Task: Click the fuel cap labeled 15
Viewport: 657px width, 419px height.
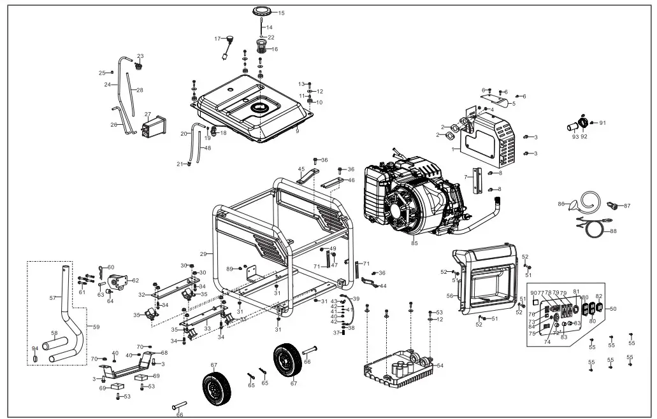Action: [262, 11]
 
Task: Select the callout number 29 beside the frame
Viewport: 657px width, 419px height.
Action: [203, 253]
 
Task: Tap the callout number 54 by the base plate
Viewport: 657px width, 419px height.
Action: [440, 365]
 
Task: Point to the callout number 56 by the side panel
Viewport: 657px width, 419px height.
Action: [450, 295]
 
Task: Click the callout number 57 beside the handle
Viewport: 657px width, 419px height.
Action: [52, 297]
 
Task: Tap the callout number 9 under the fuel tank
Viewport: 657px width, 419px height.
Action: [297, 131]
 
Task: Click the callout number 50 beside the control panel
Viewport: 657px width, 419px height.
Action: [613, 309]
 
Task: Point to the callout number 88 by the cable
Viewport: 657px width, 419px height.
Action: [613, 231]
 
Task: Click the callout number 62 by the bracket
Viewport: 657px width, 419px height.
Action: [134, 280]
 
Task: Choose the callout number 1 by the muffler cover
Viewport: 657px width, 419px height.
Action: [452, 149]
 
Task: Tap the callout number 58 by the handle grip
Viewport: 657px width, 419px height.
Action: [54, 333]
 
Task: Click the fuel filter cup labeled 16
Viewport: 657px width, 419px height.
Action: [261, 46]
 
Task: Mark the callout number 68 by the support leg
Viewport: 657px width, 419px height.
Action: [164, 352]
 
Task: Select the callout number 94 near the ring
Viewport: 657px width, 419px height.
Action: [35, 348]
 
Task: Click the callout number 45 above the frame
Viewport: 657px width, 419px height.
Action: [301, 169]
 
